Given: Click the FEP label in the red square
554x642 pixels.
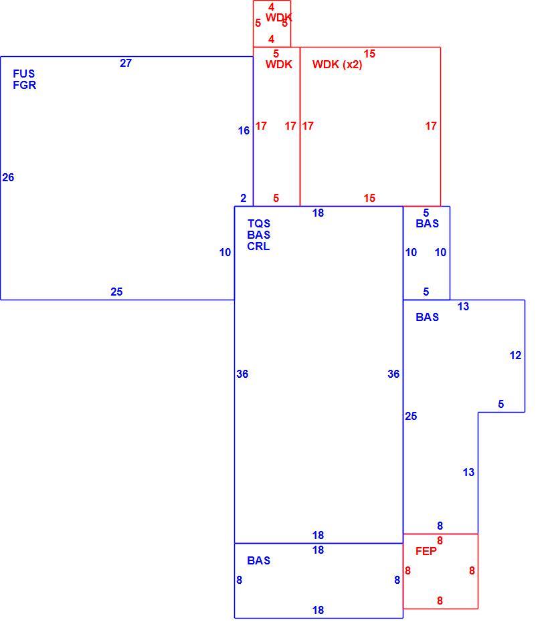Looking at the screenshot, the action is [426, 551].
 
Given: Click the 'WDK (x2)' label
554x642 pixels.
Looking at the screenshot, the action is [337, 65].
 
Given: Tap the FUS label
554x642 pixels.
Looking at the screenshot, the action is [24, 74].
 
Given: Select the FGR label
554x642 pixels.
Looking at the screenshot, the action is [25, 85].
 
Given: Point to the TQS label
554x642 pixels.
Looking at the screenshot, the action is [259, 223].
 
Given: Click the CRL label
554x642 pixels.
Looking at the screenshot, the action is [258, 247].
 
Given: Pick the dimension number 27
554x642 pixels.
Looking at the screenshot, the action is [126, 63].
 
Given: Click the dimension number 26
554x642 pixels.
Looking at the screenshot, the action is [8, 177].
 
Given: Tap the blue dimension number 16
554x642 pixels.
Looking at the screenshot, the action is [244, 130].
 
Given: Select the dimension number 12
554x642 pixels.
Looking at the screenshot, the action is [515, 355].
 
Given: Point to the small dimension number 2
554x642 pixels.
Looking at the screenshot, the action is [244, 198].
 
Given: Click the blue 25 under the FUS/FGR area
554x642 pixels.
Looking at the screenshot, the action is [116, 292].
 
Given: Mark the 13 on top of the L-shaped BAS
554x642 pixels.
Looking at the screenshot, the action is [463, 306].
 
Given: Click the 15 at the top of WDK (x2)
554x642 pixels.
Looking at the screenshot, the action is [369, 53].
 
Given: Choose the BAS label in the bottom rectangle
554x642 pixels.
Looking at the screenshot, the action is [258, 560].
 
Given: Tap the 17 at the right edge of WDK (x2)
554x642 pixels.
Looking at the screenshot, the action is [431, 126].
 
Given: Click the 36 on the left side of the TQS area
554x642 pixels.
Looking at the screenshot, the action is [242, 374].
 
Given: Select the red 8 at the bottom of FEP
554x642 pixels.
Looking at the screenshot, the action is [440, 601].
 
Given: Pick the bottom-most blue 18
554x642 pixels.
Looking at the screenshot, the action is [318, 610].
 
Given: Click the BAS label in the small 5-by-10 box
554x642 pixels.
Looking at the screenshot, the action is [427, 223].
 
